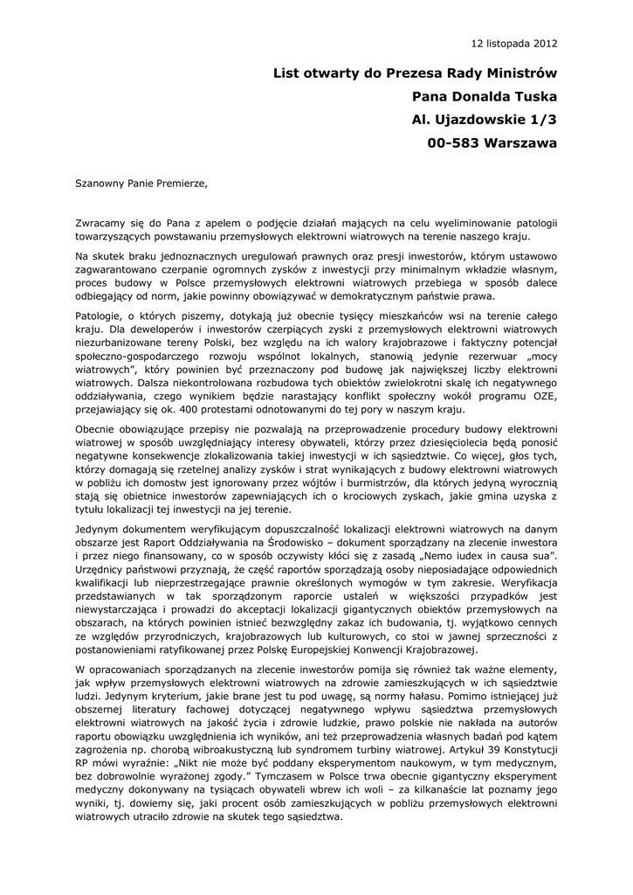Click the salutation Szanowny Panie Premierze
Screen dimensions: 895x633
142,184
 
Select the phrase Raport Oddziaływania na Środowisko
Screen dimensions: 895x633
265,542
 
